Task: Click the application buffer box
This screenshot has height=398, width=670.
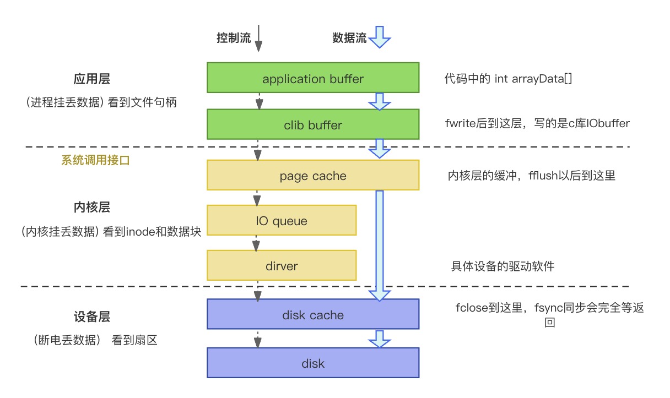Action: [313, 79]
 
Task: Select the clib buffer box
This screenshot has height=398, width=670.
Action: [313, 125]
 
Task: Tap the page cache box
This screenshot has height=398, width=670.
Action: [313, 176]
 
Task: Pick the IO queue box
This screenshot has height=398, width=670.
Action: [282, 221]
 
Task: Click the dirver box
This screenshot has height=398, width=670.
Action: [282, 266]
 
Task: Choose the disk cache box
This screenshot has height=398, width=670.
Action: [313, 315]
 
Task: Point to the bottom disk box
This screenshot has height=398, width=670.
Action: [313, 363]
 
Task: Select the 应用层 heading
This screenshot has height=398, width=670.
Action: [92, 79]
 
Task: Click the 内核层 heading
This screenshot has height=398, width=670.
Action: [92, 207]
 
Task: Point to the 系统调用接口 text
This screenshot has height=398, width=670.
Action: [95, 161]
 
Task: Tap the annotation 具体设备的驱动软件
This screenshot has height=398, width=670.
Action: [502, 266]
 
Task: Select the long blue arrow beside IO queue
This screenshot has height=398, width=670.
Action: [379, 242]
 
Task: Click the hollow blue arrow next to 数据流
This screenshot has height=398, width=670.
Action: [379, 38]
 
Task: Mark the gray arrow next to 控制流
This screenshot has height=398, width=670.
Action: [259, 39]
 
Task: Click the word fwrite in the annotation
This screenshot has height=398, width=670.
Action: [460, 124]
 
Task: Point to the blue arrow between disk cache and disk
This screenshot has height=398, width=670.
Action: [379, 339]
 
